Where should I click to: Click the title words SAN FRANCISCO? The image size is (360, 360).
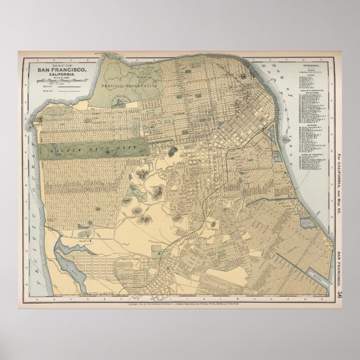[x=61, y=69]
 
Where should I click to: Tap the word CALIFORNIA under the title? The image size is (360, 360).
[x=62, y=74]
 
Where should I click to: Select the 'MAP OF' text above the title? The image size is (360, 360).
[x=61, y=64]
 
